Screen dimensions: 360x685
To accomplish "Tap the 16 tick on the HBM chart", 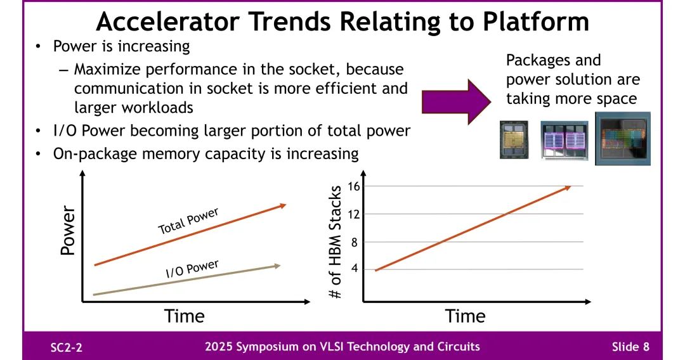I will click(x=354, y=186).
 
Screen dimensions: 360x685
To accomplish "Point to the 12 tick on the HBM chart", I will click(x=354, y=214).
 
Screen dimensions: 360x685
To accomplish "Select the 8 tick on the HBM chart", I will click(x=355, y=242).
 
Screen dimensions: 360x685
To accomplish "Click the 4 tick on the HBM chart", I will click(x=355, y=269).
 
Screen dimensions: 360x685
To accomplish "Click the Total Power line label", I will click(x=188, y=221).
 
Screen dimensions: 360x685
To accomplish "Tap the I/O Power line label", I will click(x=192, y=269).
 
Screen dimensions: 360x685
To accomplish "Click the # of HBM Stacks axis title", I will click(x=337, y=242).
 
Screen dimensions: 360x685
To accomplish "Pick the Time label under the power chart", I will click(x=185, y=316).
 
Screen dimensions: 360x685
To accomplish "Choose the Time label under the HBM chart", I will click(x=465, y=316).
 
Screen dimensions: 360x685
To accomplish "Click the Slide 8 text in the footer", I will click(x=630, y=347).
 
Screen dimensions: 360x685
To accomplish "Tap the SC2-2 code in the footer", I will click(x=67, y=347).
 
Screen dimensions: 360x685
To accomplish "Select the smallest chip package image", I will click(x=514, y=139).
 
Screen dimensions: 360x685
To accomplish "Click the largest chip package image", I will click(x=622, y=139).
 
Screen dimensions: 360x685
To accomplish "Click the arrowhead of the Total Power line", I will click(x=283, y=205).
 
